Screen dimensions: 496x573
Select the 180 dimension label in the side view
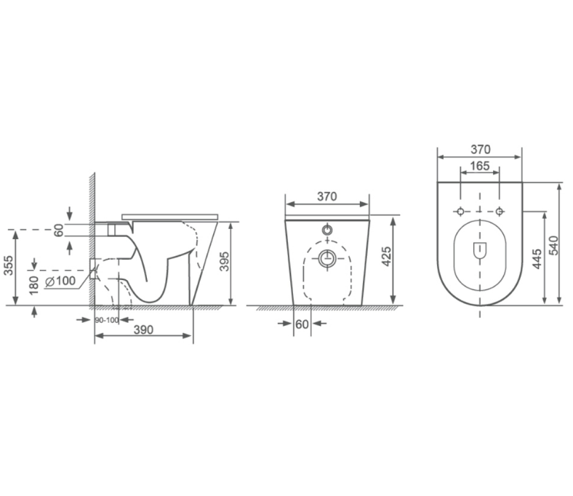coord(33,283)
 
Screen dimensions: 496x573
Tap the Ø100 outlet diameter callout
coord(60,281)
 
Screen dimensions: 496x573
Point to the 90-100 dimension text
coord(106,320)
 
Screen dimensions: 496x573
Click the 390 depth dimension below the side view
coord(144,329)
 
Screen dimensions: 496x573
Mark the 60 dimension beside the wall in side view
coord(59,231)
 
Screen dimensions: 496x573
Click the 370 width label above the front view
coord(327,196)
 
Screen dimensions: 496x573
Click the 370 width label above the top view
coord(480,149)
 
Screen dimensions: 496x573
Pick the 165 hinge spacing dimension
coord(480,167)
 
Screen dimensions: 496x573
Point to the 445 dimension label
coord(537,258)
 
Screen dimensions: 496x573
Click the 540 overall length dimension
coord(553,245)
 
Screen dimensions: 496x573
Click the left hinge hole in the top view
coord(460,211)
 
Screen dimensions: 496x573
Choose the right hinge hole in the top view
coord(500,211)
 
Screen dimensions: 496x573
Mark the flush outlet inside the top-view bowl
coord(480,250)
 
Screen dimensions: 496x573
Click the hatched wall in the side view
coord(92,240)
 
